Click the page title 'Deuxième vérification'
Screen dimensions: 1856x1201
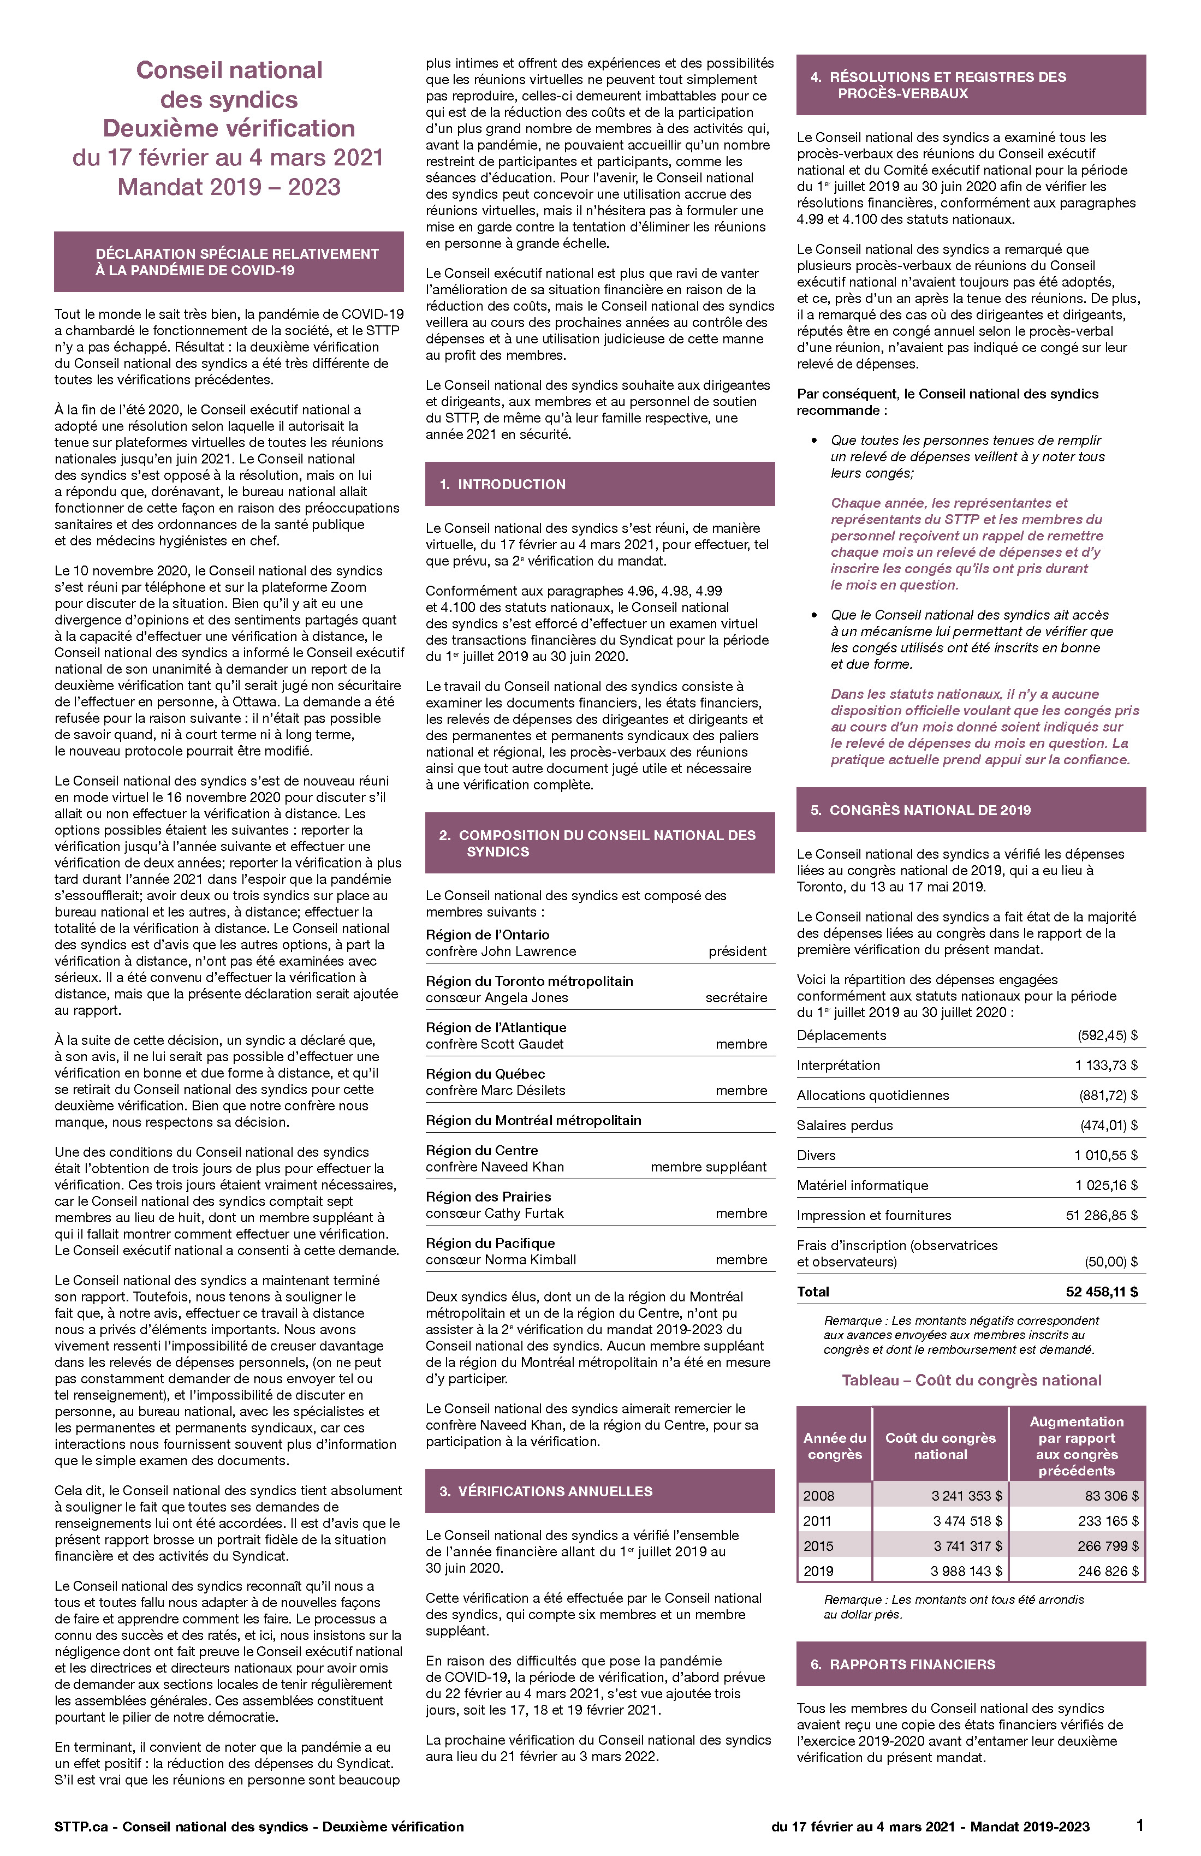pyautogui.click(x=229, y=129)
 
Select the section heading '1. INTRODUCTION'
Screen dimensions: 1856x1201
pyautogui.click(x=511, y=484)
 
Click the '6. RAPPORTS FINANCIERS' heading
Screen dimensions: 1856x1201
pyautogui.click(x=912, y=1664)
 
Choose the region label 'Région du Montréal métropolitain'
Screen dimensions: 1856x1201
pyautogui.click(x=533, y=1121)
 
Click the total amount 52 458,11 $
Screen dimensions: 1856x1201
pyautogui.click(x=1101, y=1292)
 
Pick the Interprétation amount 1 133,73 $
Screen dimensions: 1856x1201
pyautogui.click(x=1105, y=1065)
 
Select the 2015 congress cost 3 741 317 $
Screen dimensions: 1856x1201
pyautogui.click(x=967, y=1546)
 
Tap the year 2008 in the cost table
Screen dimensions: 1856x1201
pyautogui.click(x=818, y=1496)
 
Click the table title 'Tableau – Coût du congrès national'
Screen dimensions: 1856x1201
pyautogui.click(x=971, y=1381)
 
